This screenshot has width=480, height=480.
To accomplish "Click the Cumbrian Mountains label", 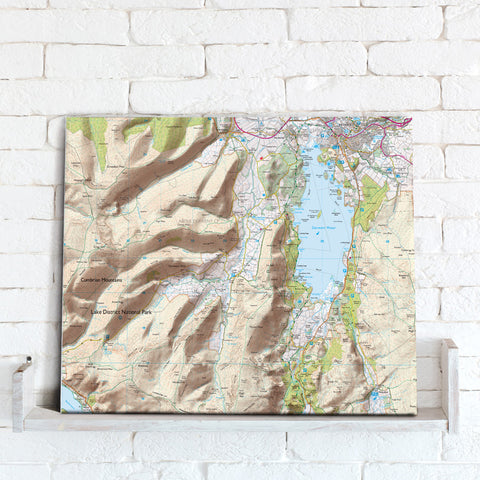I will coord(101,281).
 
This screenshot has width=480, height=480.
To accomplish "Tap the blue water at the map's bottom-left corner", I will coord(70,400).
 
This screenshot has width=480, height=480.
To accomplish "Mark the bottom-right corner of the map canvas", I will coord(414,411).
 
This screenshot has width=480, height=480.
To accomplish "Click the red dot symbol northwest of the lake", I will coord(261,156).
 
